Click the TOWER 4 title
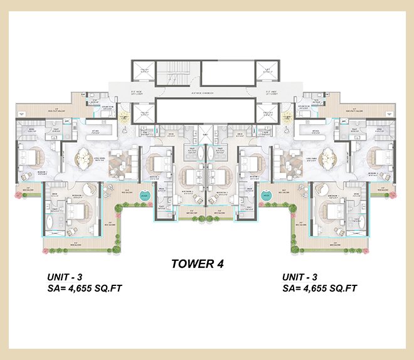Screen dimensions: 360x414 pyautogui.click(x=198, y=264)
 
